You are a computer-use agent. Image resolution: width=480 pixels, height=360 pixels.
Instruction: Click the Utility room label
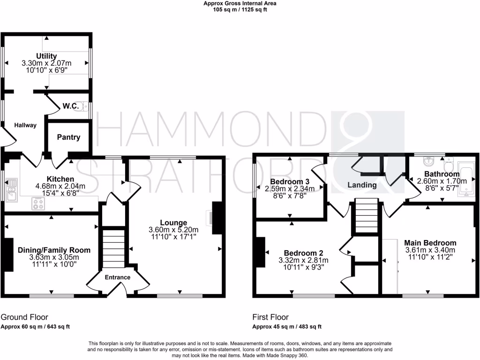(46, 56)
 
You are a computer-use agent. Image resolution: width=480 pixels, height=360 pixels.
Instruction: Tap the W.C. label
(70, 106)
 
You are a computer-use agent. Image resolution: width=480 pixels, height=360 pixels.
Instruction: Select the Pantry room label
(68, 137)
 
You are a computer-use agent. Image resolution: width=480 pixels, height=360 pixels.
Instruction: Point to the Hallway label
(24, 125)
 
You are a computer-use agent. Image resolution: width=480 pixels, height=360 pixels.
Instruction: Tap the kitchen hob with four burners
(38, 203)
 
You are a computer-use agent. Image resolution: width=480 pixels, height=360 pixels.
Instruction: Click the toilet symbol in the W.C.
(85, 107)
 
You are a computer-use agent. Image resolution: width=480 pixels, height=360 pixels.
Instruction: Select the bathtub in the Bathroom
(466, 180)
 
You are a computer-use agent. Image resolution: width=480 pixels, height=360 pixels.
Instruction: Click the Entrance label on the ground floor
(117, 277)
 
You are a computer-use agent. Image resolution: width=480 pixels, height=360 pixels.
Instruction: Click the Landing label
(362, 185)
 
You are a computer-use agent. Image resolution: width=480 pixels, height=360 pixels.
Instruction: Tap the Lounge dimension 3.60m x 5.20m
(173, 230)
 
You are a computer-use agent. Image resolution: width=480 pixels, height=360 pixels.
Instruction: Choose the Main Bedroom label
(430, 243)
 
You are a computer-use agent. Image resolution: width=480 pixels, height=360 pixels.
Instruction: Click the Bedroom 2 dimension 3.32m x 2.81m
(303, 261)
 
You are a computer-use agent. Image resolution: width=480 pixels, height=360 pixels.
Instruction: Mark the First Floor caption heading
(270, 317)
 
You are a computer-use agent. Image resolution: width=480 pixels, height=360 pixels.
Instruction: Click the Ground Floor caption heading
(24, 317)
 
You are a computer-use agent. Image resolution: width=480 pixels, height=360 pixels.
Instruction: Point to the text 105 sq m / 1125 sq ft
(240, 9)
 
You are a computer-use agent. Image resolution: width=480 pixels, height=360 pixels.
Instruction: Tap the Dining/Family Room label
(54, 250)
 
